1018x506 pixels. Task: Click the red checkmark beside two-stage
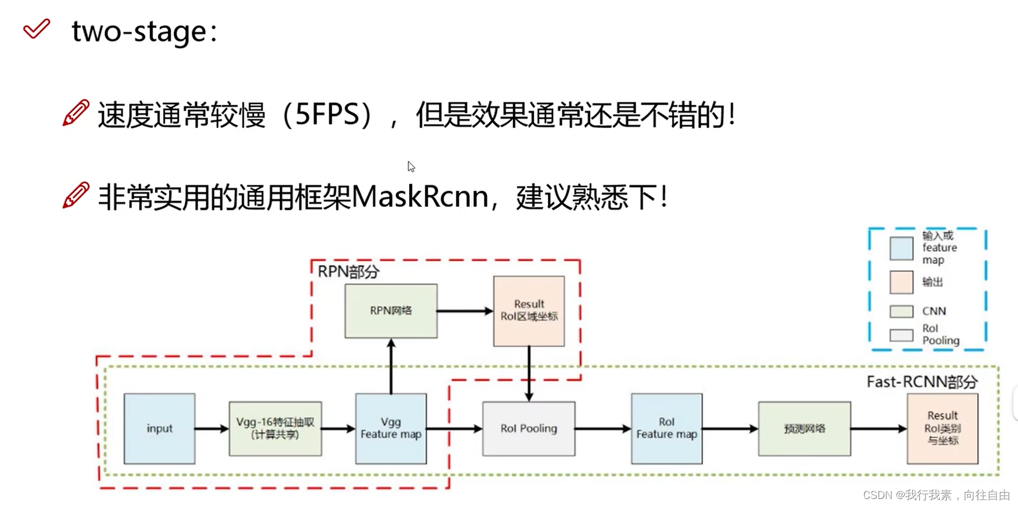coord(36,29)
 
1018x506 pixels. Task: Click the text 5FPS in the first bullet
coord(326,115)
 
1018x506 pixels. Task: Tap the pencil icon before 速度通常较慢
coord(76,113)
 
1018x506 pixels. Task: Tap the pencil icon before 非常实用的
coord(76,195)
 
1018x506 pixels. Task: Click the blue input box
coord(160,428)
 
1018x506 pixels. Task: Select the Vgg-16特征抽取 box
coord(275,428)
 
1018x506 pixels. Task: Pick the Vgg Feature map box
coord(391,428)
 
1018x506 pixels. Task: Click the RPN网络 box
coord(391,311)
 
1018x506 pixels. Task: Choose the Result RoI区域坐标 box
coord(529,311)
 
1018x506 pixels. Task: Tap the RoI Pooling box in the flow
coord(529,428)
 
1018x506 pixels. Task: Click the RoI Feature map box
coord(667,428)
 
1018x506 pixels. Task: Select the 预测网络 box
coord(805,428)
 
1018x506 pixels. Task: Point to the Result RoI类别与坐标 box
coord(943,428)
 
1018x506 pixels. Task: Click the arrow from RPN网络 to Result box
coord(465,311)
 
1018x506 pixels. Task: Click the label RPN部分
coord(349,272)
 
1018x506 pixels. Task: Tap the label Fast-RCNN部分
coord(922,382)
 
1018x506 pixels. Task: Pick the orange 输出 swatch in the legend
coord(901,282)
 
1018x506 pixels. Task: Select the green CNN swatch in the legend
coord(901,311)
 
